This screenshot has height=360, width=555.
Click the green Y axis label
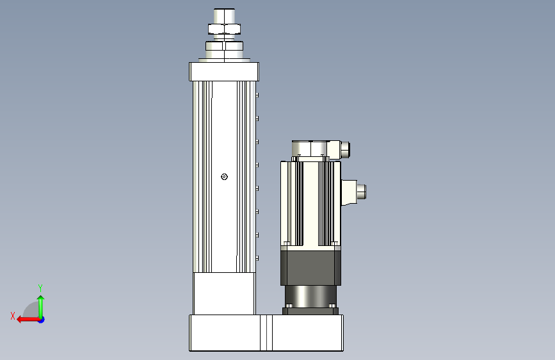pyautogui.click(x=40, y=288)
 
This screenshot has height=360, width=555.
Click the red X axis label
pyautogui.click(x=13, y=316)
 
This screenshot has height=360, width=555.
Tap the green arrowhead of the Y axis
pyautogui.click(x=41, y=299)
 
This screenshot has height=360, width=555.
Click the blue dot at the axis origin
pyautogui.click(x=42, y=320)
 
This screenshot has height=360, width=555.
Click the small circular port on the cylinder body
pyautogui.click(x=224, y=177)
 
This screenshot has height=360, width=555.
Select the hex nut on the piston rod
pyautogui.click(x=225, y=29)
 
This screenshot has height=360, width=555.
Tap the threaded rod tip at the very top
pyautogui.click(x=225, y=16)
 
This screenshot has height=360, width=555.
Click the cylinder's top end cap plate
pyautogui.click(x=224, y=72)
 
